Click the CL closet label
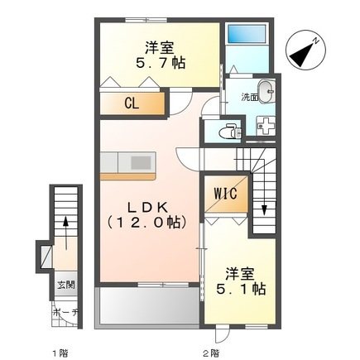coord(131,103)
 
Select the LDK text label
coord(146,204)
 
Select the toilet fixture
coord(228,130)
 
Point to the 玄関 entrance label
coord(64,285)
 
